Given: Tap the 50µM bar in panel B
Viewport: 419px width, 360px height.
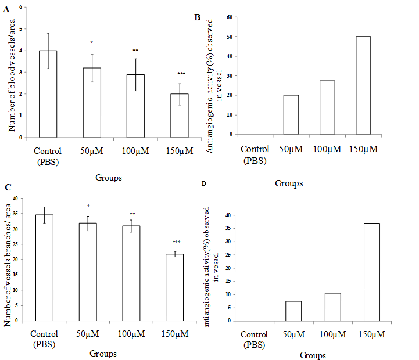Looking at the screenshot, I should coord(291,114).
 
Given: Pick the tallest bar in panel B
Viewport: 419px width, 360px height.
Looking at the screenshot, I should coord(364,85).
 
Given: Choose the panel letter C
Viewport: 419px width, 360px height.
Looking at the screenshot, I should coord(7,187).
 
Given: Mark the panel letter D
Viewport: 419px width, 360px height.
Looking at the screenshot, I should coord(202,184).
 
